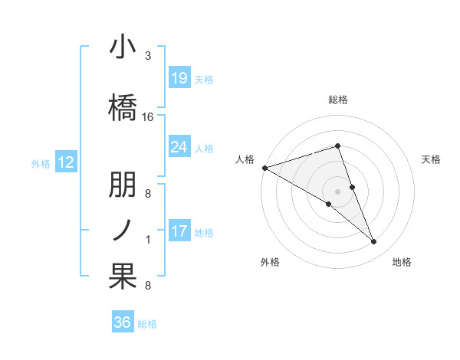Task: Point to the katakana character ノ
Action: pyautogui.click(x=123, y=228)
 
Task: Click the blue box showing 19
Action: pyautogui.click(x=179, y=77)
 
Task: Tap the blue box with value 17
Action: pyautogui.click(x=179, y=231)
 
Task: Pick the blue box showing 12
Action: pyautogui.click(x=66, y=162)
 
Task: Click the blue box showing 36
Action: pyautogui.click(x=123, y=322)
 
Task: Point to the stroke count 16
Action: pyautogui.click(x=148, y=117)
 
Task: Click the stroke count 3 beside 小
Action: pyautogui.click(x=148, y=56)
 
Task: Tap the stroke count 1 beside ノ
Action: pyautogui.click(x=148, y=240)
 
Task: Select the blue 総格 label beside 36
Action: pyautogui.click(x=147, y=324)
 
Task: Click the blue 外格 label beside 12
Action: pyautogui.click(x=41, y=163)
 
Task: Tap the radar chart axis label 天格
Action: pyautogui.click(x=432, y=159)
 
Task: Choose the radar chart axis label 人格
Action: pyautogui.click(x=245, y=159)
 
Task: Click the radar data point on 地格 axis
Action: pyautogui.click(x=374, y=242)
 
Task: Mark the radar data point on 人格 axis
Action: pyautogui.click(x=264, y=167)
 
